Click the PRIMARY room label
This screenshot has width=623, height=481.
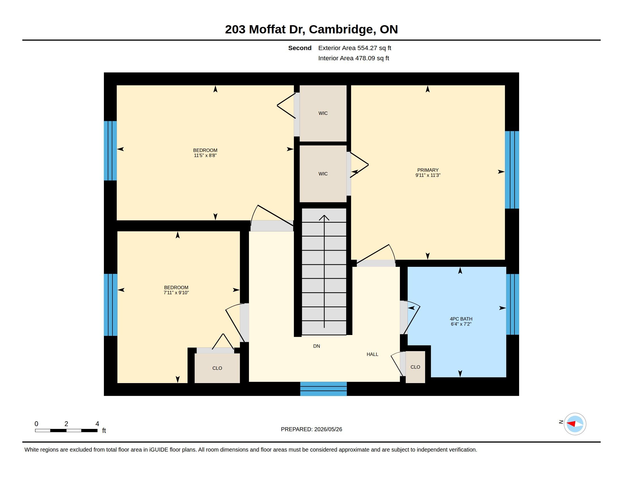pyautogui.click(x=428, y=170)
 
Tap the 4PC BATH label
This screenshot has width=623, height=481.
pyautogui.click(x=461, y=319)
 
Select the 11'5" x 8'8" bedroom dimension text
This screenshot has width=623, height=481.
pyautogui.click(x=205, y=156)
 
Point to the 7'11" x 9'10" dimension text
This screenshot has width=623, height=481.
pyautogui.click(x=176, y=293)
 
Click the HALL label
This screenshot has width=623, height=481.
pyautogui.click(x=372, y=354)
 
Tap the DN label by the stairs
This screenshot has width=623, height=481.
pyautogui.click(x=316, y=346)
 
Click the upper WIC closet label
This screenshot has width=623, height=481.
pyautogui.click(x=323, y=113)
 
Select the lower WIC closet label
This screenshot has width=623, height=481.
pyautogui.click(x=323, y=173)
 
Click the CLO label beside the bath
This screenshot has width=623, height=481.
pyautogui.click(x=415, y=367)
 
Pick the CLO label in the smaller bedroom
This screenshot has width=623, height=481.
pyautogui.click(x=217, y=368)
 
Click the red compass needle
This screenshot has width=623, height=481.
pyautogui.click(x=571, y=424)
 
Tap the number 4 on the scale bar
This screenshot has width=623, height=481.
pyautogui.click(x=97, y=424)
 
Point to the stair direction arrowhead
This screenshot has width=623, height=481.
pyautogui.click(x=324, y=218)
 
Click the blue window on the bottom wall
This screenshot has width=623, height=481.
pyautogui.click(x=323, y=389)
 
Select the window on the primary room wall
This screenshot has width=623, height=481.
pyautogui.click(x=512, y=170)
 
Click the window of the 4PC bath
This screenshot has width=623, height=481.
pyautogui.click(x=512, y=304)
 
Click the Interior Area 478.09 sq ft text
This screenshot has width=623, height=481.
pyautogui.click(x=353, y=58)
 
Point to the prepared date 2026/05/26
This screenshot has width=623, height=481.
pyautogui.click(x=328, y=429)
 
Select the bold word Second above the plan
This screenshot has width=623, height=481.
pyautogui.click(x=300, y=48)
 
